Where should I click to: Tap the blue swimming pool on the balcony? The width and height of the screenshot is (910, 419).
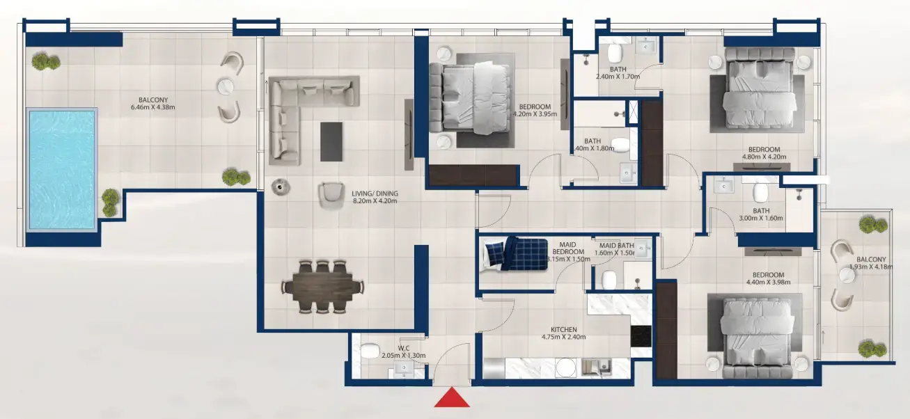click(61, 168)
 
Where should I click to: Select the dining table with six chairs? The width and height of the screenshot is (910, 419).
click(323, 285)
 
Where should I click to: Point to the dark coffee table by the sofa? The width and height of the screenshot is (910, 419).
click(331, 141)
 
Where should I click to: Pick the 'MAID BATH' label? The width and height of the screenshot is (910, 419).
click(617, 245)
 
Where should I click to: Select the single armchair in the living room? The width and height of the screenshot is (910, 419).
click(331, 194)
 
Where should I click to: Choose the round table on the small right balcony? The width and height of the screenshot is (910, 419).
click(847, 276)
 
